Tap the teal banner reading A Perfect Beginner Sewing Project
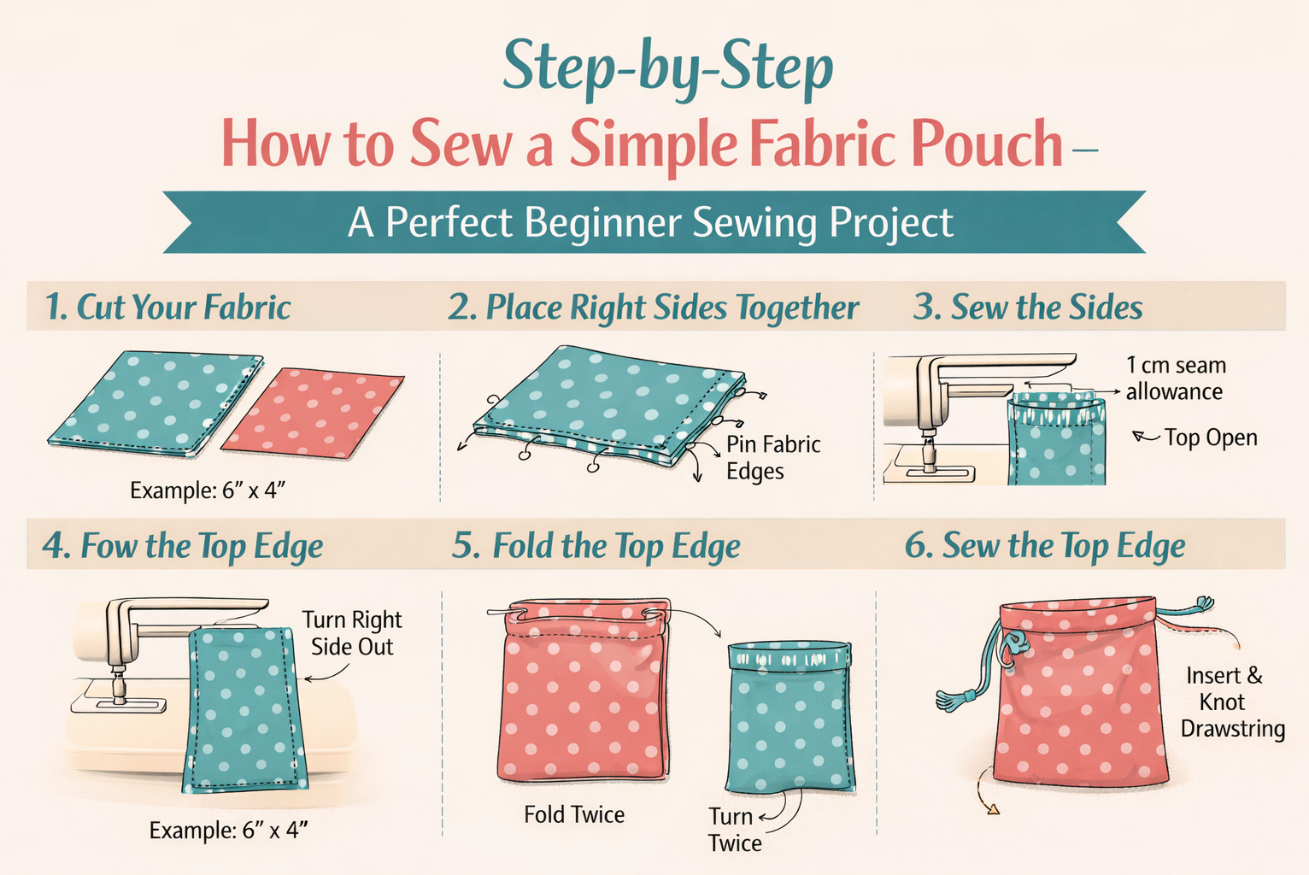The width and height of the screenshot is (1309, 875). point(651,222)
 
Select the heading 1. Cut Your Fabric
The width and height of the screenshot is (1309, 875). point(167,308)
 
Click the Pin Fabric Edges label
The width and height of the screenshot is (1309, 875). point(772,458)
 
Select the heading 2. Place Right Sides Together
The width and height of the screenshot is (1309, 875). point(653,308)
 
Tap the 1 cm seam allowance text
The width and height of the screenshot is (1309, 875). point(1175,379)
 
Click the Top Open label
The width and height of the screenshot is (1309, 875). point(1210,437)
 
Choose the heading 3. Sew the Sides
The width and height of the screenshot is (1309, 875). point(1027,308)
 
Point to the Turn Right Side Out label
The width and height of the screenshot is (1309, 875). point(351,633)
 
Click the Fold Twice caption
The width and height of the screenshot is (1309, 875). point(574,814)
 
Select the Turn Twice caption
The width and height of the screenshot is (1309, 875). point(734,830)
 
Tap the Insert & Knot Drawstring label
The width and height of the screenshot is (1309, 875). point(1230,702)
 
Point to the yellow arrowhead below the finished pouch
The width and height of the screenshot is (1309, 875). point(992,808)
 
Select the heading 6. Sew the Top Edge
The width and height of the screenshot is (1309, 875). point(1044,546)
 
